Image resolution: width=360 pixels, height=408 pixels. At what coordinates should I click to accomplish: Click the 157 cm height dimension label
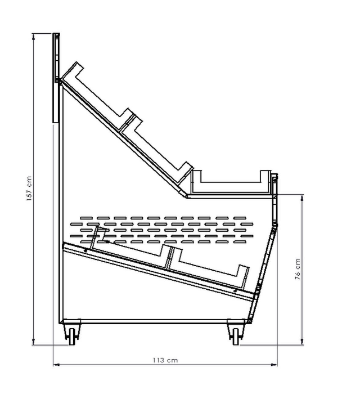pos(29,189)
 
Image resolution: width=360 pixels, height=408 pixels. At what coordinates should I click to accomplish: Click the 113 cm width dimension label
pos(165,360)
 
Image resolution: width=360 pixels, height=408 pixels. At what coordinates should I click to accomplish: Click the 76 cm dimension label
pos(298,269)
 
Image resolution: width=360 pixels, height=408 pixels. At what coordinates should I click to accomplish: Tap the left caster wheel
pos(72,337)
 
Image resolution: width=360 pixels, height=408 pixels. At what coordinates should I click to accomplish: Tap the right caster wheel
pos(236,337)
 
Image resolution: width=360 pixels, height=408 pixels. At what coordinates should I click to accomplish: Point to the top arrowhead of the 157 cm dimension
pos(33,37)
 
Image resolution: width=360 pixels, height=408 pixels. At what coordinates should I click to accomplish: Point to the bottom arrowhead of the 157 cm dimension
pos(33,342)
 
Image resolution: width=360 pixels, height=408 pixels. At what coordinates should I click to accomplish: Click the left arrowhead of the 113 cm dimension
pos(57,365)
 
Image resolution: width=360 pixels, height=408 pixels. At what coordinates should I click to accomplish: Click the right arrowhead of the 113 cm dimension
pos(273,365)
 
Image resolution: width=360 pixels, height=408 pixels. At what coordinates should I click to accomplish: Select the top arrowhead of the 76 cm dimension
pos(302,198)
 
